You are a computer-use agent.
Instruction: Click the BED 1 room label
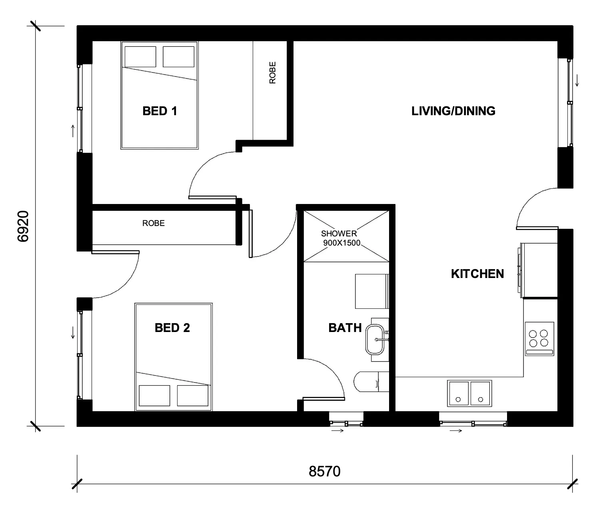pos(160,111)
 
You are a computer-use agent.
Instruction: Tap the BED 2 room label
pos(172,328)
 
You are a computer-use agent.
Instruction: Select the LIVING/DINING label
pos(453,111)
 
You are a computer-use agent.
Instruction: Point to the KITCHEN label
pos(477,274)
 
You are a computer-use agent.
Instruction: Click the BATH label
pos(345,328)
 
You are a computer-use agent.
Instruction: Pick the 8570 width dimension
pos(324,472)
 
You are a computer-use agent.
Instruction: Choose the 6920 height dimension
pos(23,226)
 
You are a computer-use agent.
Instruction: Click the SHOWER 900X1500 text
pos(341,238)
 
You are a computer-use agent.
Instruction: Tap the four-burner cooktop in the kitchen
pos(539,339)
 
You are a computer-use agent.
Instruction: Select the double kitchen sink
pos(469,393)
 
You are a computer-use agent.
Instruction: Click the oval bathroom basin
pos(375,340)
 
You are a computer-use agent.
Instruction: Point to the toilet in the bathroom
pos(371,382)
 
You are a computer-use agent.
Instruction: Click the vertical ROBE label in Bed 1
pos(272,73)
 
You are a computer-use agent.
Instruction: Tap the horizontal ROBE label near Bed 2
pos(154,223)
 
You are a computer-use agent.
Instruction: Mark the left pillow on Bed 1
pos(140,57)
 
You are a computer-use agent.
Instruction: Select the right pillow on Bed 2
pos(193,396)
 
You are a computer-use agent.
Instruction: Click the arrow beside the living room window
pos(577,80)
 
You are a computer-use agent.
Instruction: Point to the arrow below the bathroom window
pos(338,430)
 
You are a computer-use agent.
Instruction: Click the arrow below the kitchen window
pos(456,430)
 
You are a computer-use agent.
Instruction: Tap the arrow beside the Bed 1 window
pos(73,131)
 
